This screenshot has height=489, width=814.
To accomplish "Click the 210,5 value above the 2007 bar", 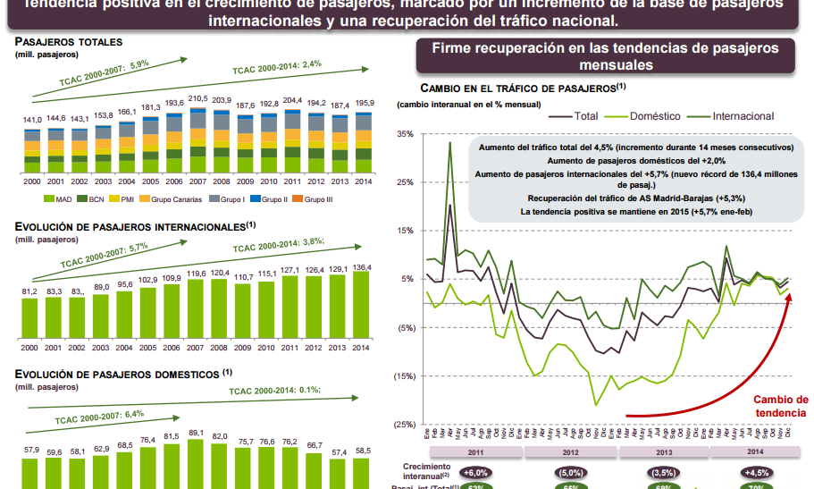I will pyautogui.click(x=197, y=98).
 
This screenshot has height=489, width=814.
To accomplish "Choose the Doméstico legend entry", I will pyautogui.click(x=655, y=116).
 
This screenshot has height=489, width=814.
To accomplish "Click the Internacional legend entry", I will pyautogui.click(x=743, y=116).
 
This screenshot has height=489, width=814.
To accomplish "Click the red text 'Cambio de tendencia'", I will pyautogui.click(x=780, y=406).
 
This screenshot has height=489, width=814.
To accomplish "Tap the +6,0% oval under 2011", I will pyautogui.click(x=476, y=472).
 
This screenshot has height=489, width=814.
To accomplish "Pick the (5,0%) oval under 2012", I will pyautogui.click(x=570, y=472).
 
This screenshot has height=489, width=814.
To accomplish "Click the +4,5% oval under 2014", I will pyautogui.click(x=755, y=472).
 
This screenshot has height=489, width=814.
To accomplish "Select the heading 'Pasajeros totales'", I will pyautogui.click(x=69, y=42).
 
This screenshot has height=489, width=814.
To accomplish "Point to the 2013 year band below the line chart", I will pyautogui.click(x=663, y=452).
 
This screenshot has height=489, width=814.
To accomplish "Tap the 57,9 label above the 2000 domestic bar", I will pyautogui.click(x=31, y=449).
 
